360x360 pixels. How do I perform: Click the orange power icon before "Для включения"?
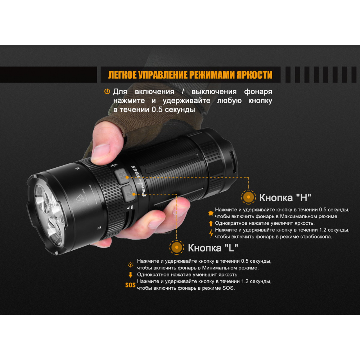coord(107,91)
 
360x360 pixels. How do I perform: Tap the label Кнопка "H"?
coord(285,197)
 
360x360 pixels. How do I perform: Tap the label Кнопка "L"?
coord(213,248)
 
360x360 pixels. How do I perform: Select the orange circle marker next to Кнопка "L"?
coord(176,247)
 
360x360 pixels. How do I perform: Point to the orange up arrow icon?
coord(211,223)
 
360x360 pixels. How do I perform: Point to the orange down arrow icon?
coord(130,275)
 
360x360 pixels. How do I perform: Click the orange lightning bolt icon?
coord(211,233)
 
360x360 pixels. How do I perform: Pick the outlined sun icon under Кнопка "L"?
coord(130,265)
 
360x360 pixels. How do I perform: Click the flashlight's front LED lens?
coord(49,212)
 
